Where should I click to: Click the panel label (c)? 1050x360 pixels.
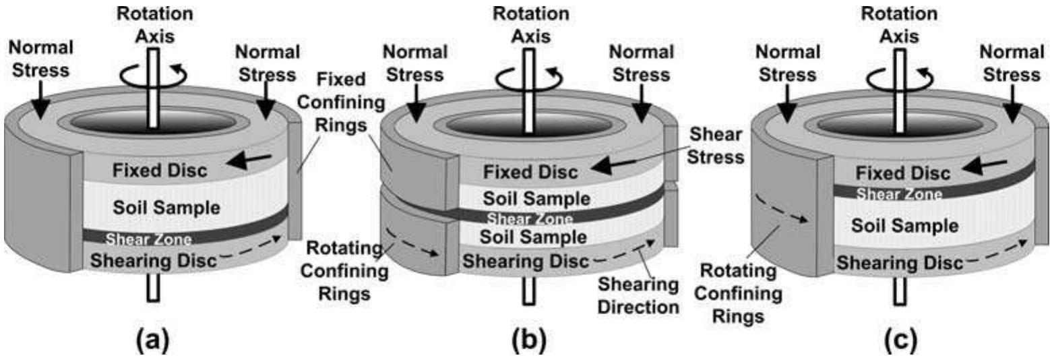coord(900,340)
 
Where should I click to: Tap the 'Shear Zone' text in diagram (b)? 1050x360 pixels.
coord(530,219)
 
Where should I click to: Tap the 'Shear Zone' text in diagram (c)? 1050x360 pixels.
coord(899,195)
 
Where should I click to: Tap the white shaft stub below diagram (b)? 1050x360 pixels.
coord(529,291)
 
